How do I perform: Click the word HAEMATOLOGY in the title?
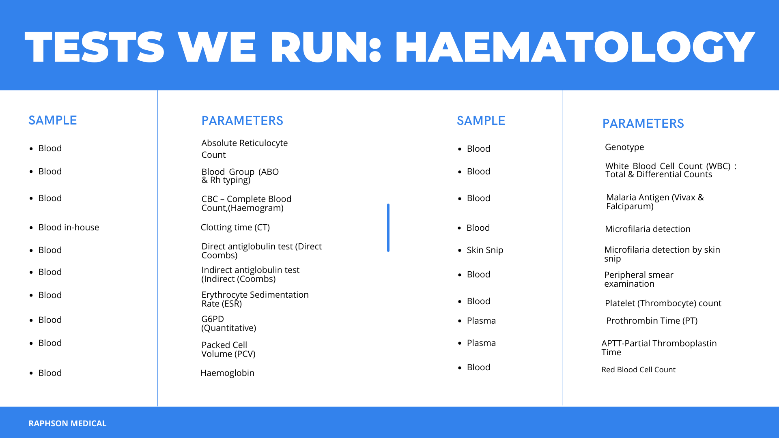(575, 47)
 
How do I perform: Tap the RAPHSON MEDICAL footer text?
(67, 423)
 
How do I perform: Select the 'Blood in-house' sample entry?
(69, 228)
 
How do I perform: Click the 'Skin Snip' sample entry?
(485, 250)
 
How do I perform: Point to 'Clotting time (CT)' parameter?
(235, 228)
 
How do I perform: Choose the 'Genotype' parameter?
(624, 147)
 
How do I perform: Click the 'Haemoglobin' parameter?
(227, 373)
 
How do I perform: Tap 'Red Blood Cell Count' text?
(638, 370)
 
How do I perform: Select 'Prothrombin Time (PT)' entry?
(652, 321)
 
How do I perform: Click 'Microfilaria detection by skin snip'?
(662, 254)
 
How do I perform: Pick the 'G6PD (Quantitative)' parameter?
(229, 324)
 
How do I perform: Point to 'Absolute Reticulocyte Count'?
(245, 149)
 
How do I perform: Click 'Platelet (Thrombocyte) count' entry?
(663, 303)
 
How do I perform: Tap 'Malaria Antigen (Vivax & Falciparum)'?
(655, 202)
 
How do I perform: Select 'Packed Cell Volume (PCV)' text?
(228, 350)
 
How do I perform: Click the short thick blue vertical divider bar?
(388, 228)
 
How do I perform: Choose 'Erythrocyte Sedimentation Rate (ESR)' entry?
(255, 299)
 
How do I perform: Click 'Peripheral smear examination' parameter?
(639, 279)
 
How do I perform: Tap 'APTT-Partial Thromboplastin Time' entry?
(659, 348)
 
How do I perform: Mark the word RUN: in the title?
(326, 47)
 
